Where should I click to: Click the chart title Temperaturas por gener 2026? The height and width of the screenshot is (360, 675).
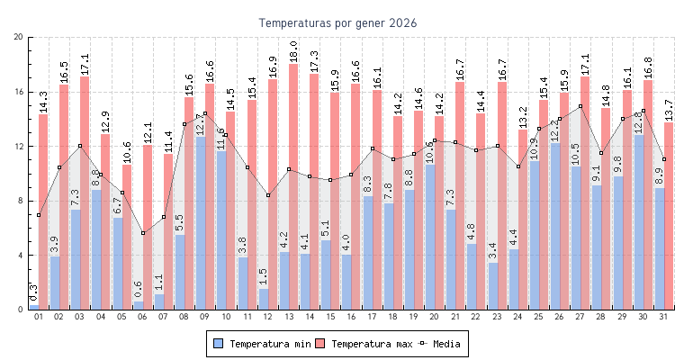(337, 22)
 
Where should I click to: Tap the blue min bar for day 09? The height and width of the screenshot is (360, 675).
(200, 225)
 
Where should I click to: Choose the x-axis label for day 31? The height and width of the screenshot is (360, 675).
(663, 317)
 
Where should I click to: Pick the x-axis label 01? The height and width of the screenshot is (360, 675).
(39, 317)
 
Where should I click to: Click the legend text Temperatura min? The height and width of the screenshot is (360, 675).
(272, 344)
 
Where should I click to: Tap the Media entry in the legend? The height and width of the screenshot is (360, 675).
(446, 344)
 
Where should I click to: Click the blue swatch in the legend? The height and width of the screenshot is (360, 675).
(218, 344)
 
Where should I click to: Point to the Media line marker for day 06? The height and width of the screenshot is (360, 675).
(143, 233)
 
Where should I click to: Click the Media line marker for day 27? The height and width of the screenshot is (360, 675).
(580, 106)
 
